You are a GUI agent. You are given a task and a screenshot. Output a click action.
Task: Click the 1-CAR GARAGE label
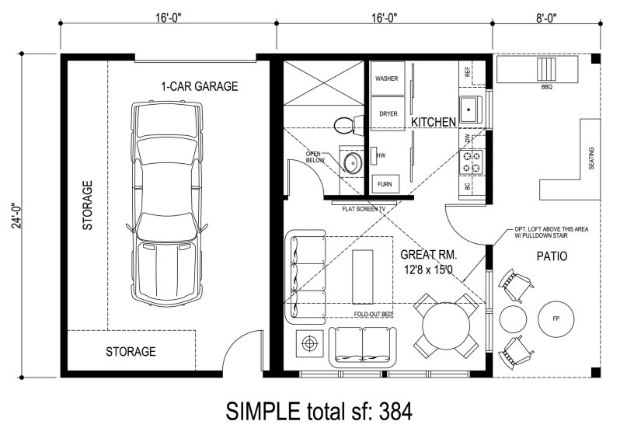(199, 86)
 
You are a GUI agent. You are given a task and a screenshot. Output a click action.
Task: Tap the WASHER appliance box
(387, 79)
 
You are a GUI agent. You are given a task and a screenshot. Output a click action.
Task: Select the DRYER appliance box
(388, 113)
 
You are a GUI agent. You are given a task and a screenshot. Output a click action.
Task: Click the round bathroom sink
(352, 162)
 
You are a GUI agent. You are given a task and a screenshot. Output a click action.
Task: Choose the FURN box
(383, 184)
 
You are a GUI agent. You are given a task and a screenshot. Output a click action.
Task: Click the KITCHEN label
(433, 123)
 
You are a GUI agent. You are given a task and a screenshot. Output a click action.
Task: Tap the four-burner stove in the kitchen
(472, 161)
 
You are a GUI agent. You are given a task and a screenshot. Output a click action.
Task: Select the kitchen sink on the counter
(471, 110)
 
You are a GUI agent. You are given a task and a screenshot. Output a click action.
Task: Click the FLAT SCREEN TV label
(359, 208)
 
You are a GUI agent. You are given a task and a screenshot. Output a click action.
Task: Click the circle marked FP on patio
(556, 318)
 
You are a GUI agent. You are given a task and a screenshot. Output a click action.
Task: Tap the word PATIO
(550, 256)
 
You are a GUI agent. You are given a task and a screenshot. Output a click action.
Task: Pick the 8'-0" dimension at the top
(547, 13)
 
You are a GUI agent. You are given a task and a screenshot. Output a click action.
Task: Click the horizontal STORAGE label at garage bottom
(131, 352)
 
